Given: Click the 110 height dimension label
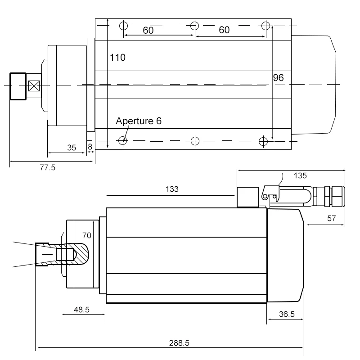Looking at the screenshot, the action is pyautogui.click(x=117, y=58).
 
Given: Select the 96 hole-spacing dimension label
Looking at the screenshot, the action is pyautogui.click(x=278, y=77).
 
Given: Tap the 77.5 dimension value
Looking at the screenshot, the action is pyautogui.click(x=48, y=167).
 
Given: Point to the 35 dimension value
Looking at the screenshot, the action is pyautogui.click(x=72, y=148).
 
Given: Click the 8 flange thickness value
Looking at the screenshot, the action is pyautogui.click(x=90, y=147).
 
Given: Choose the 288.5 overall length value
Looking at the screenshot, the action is pyautogui.click(x=179, y=343).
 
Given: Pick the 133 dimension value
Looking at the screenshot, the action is pyautogui.click(x=172, y=189).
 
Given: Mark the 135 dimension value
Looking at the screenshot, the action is pyautogui.click(x=300, y=175).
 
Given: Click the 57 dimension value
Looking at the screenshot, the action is pyautogui.click(x=331, y=218).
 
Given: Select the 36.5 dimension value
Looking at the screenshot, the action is pyautogui.click(x=287, y=314).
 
